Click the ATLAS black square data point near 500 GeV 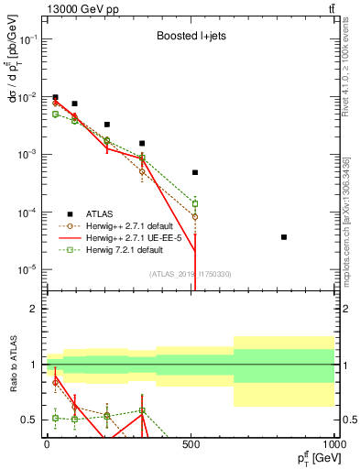click(x=195, y=172)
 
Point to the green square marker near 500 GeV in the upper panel click(x=195, y=203)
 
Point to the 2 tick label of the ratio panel click(x=34, y=309)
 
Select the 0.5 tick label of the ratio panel click(x=29, y=420)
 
